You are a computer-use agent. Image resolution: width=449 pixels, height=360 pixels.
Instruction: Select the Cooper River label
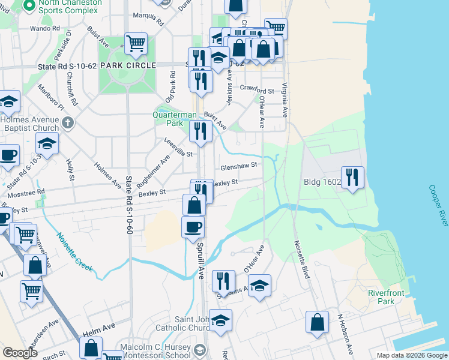[x=438, y=205]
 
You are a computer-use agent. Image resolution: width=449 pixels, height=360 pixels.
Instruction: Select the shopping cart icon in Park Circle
[x=136, y=43]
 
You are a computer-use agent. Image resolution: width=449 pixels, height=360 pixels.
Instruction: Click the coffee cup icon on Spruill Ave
[x=193, y=227]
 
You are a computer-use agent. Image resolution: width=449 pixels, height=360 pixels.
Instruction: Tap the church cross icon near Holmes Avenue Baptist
[x=68, y=124]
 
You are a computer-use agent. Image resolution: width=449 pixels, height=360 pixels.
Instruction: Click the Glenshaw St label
[x=239, y=165]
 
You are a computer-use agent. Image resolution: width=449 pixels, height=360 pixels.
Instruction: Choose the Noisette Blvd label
[x=301, y=259]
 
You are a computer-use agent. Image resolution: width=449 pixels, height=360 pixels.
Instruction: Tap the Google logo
[x=20, y=353]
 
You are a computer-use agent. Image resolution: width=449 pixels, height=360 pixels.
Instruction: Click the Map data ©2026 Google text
[x=411, y=355]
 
